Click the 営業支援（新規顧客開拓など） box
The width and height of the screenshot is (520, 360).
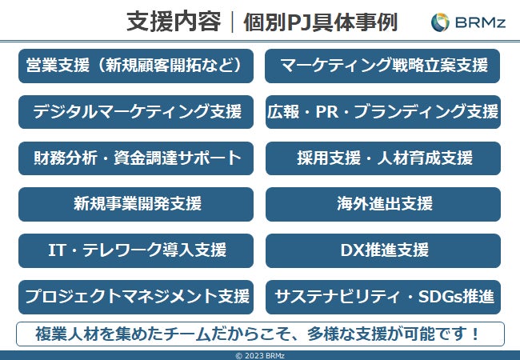(x=135, y=66)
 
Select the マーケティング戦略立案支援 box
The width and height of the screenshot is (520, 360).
(x=383, y=66)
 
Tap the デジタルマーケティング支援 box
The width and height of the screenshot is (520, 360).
(x=135, y=112)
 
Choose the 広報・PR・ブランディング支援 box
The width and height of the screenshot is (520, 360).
(x=383, y=112)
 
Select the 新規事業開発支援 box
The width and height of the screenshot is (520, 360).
(x=135, y=204)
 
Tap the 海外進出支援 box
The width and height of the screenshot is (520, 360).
(x=383, y=204)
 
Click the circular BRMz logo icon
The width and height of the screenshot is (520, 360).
(x=440, y=22)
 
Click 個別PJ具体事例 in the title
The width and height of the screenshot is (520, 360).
(x=320, y=22)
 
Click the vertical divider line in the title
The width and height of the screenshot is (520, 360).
(x=232, y=22)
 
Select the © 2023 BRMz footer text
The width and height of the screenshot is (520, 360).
(x=260, y=355)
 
